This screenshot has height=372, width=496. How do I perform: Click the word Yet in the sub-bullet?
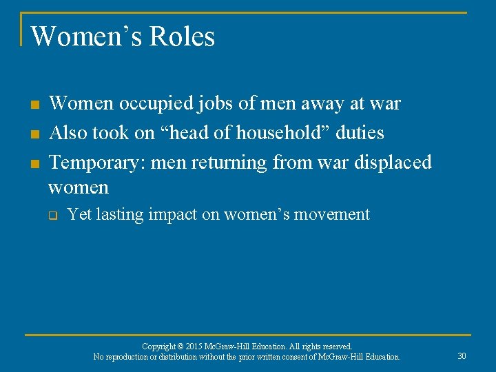pos(80,215)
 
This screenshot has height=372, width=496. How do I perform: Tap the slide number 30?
pos(462,356)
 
